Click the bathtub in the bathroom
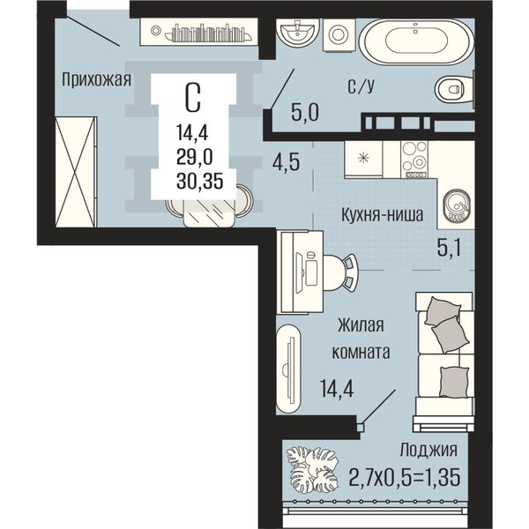click(x=416, y=41)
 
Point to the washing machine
click(x=339, y=34)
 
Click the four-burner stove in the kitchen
click(x=414, y=159)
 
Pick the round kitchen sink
click(x=457, y=206)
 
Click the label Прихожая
click(x=96, y=81)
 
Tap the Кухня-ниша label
click(x=383, y=215)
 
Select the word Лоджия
click(x=428, y=450)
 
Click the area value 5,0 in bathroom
click(x=305, y=113)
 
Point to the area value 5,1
click(x=449, y=249)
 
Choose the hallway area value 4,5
click(x=286, y=162)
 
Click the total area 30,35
click(x=200, y=182)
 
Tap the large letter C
click(x=193, y=97)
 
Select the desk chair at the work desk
click(x=341, y=272)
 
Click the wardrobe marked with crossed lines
click(x=76, y=172)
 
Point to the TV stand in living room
click(x=288, y=369)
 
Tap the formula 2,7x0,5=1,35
click(x=404, y=477)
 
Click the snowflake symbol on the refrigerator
click(x=363, y=158)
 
